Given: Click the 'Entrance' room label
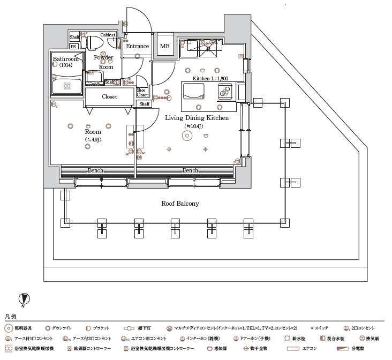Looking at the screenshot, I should click(x=137, y=47).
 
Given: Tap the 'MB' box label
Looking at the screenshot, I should click(x=164, y=47).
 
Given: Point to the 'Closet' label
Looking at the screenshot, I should click(x=109, y=97).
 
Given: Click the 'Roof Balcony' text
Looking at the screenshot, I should click(x=180, y=204).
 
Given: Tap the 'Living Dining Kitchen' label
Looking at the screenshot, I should click(x=197, y=118).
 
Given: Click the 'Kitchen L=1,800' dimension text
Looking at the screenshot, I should click(x=210, y=79).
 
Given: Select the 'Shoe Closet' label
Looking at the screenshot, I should click(x=142, y=93).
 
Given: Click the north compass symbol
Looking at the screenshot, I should click(x=24, y=299).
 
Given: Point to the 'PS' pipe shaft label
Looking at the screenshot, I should click(x=73, y=47).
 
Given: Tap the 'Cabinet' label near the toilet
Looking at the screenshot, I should click(x=108, y=35).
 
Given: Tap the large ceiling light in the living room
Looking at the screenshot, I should click(x=187, y=136).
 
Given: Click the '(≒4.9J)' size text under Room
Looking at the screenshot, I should click(x=93, y=140).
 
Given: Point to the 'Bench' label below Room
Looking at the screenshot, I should click(x=96, y=170).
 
